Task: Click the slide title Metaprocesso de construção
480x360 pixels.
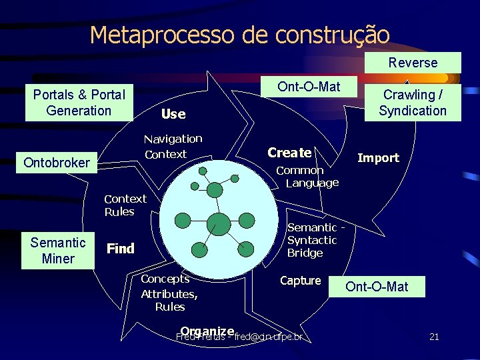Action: point(239,34)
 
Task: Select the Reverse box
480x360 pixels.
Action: point(413,63)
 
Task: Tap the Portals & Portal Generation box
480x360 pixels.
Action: point(79,102)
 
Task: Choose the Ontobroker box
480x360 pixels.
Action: point(56,163)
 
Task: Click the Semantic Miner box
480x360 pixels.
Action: point(58,250)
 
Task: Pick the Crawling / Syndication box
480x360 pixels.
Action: point(413,103)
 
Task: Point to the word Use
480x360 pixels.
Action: point(173,114)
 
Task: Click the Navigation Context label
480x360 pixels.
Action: point(173,146)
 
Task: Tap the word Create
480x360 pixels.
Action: point(289,153)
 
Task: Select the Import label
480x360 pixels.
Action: point(378,158)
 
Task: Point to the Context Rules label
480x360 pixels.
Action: point(125,205)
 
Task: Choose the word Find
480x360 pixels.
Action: point(121,249)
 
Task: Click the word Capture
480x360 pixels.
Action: point(300,281)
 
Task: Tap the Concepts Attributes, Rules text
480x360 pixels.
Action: point(169,293)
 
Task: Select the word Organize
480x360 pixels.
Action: point(207,331)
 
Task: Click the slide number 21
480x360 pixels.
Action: point(434,337)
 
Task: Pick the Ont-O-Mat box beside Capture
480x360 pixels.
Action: point(377,287)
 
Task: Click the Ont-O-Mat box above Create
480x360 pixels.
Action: point(309,87)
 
